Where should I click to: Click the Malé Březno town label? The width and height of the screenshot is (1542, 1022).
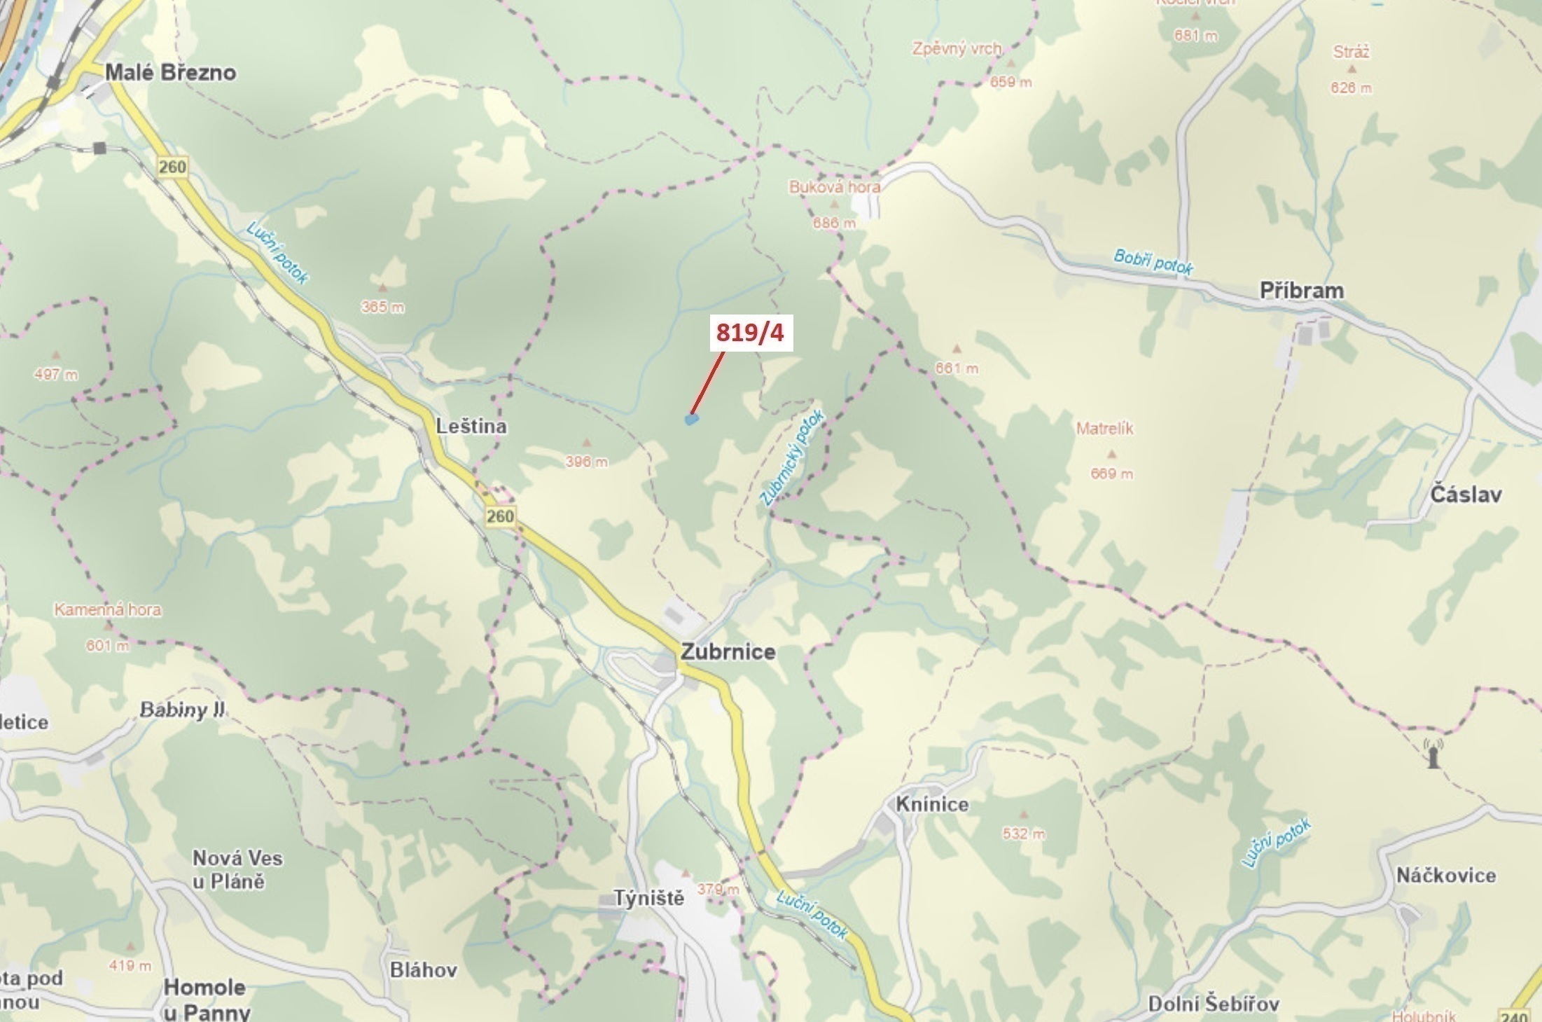(170, 73)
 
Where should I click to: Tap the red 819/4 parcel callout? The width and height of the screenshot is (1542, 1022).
(749, 333)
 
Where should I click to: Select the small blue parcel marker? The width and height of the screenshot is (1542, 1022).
(691, 420)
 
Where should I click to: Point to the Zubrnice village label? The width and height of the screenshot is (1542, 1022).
(728, 652)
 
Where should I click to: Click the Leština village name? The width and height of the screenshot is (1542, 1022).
(471, 426)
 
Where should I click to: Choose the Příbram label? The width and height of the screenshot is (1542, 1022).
(1302, 291)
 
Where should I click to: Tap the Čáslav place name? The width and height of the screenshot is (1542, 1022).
(1466, 495)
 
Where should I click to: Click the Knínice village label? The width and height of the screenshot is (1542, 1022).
(932, 804)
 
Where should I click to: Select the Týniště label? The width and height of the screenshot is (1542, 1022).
(649, 898)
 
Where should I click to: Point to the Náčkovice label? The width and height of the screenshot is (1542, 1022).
(1446, 875)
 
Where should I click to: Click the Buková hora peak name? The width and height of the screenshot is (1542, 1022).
(834, 187)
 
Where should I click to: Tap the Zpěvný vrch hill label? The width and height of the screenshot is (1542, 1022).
(957, 49)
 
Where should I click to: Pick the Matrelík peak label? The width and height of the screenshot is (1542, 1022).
(1105, 428)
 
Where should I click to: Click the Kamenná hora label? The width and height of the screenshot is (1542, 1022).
(108, 609)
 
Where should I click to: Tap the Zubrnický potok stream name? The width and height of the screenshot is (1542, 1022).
(793, 458)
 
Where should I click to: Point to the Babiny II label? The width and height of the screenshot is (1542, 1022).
(182, 710)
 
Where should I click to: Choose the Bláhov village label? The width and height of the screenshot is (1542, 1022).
(424, 969)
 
